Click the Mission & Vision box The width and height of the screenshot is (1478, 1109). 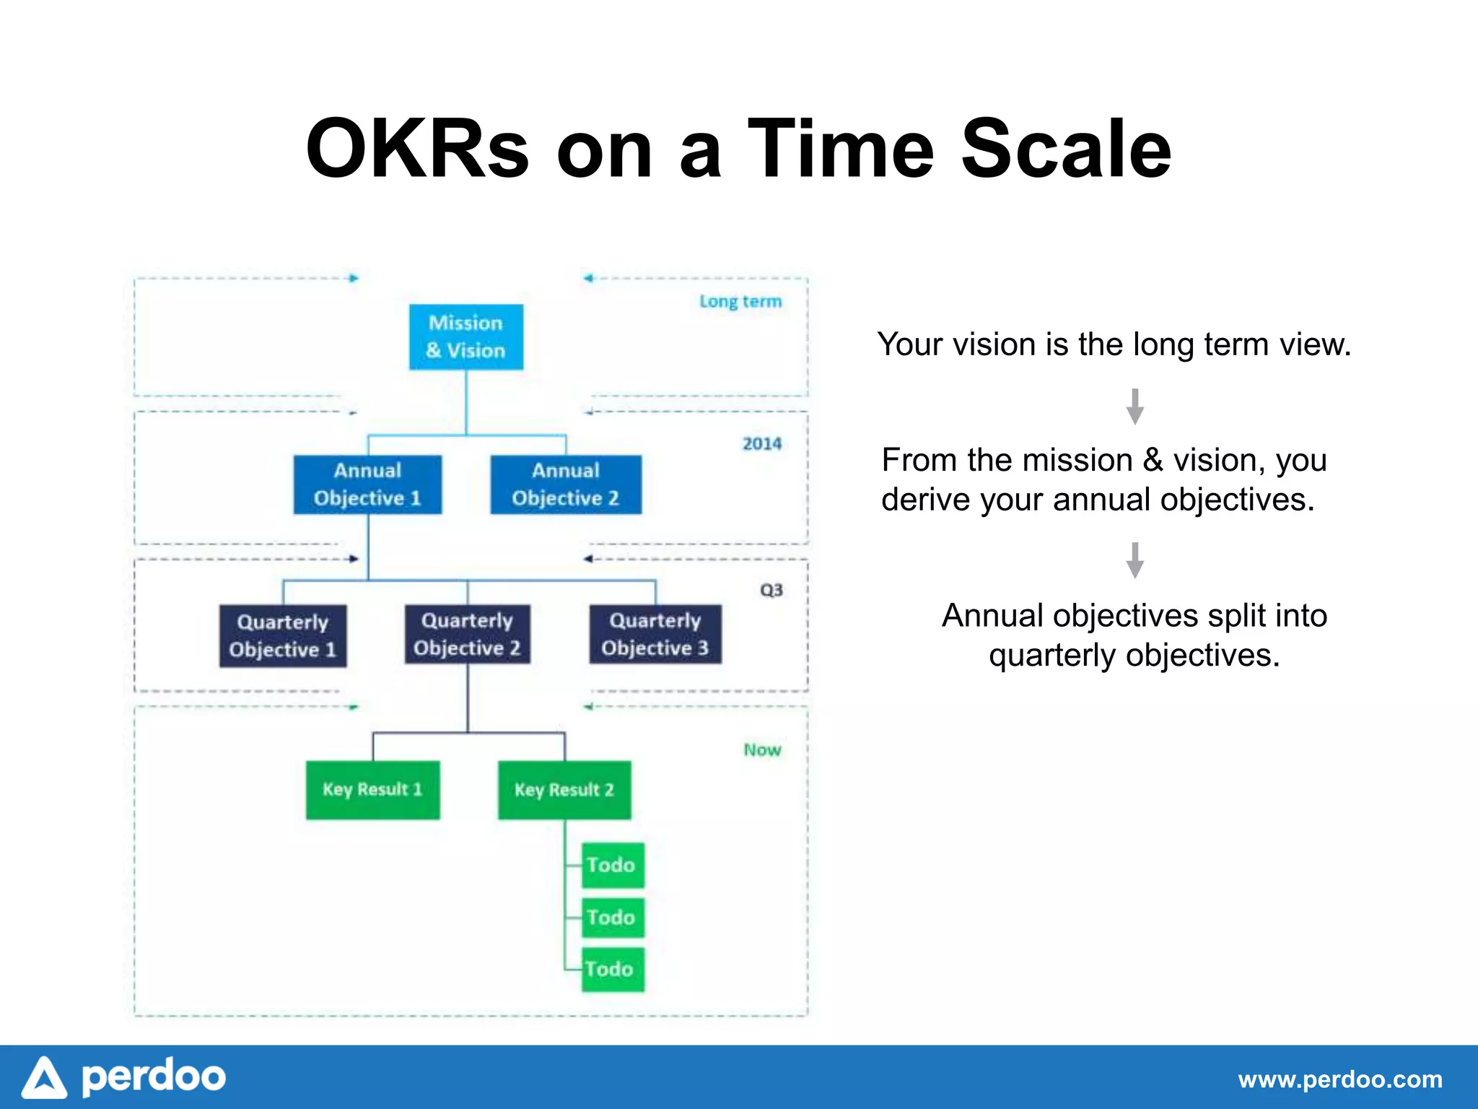pyautogui.click(x=466, y=336)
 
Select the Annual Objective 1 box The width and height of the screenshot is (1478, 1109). pyautogui.click(x=367, y=484)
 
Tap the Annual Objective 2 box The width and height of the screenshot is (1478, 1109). pyautogui.click(x=566, y=484)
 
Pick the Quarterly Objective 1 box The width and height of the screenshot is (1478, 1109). pyautogui.click(x=283, y=636)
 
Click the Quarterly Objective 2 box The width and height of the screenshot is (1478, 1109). pyautogui.click(x=467, y=634)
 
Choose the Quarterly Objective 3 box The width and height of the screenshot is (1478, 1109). pyautogui.click(x=655, y=634)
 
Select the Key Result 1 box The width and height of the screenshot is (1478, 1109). pyautogui.click(x=372, y=790)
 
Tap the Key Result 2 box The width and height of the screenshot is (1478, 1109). pyautogui.click(x=564, y=790)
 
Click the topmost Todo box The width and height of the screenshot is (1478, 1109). pyautogui.click(x=612, y=865)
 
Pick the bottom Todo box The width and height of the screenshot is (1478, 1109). pyautogui.click(x=612, y=970)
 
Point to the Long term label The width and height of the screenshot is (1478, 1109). pyautogui.click(x=740, y=301)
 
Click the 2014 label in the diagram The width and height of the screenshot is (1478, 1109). pyautogui.click(x=762, y=444)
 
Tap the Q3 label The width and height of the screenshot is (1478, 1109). pyautogui.click(x=771, y=591)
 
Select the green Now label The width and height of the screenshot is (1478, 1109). pyautogui.click(x=762, y=750)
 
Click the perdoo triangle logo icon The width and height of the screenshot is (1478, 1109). pyautogui.click(x=45, y=1079)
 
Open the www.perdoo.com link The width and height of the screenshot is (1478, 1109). pyautogui.click(x=1340, y=1080)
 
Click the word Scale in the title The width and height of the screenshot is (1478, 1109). pyautogui.click(x=1066, y=149)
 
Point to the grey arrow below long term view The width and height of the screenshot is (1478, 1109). pyautogui.click(x=1134, y=406)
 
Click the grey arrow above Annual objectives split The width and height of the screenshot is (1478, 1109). pyautogui.click(x=1134, y=560)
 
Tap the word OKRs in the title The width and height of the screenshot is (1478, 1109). pyautogui.click(x=417, y=149)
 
